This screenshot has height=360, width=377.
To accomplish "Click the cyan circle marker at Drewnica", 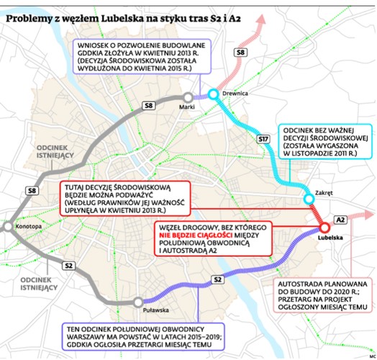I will point(213,94).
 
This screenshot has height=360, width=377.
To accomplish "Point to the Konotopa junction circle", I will point(7,228).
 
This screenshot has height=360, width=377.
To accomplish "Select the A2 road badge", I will point(341,218).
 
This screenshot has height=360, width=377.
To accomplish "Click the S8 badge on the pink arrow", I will point(242,52).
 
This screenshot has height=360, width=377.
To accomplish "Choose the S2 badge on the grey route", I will point(68,266).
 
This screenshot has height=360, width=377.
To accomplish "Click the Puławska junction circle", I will point(137,302).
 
